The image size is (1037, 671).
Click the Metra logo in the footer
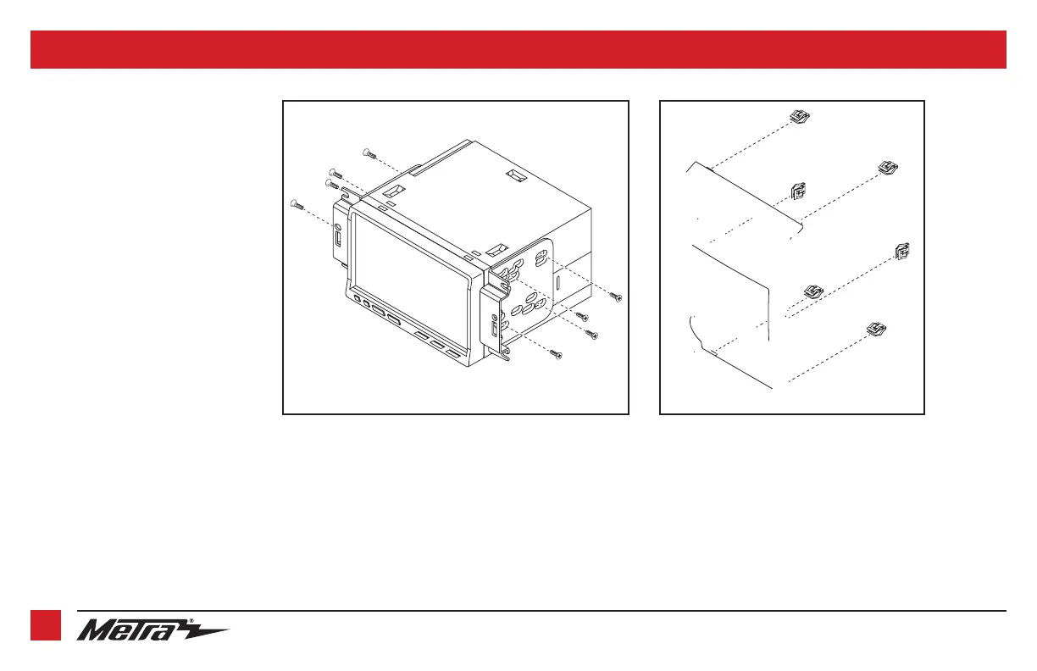click(152, 629)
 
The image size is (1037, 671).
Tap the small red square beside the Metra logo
click(46, 625)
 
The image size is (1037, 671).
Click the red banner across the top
click(518, 49)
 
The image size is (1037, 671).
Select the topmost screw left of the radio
click(369, 152)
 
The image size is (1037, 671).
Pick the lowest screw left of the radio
click(297, 204)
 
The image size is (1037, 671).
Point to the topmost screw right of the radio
click(616, 297)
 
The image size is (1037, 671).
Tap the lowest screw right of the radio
click(557, 354)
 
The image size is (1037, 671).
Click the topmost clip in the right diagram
click(800, 116)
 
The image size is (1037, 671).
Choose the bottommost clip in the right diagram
click(876, 329)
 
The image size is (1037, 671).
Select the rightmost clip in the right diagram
click(902, 251)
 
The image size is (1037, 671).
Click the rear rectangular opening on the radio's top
click(516, 175)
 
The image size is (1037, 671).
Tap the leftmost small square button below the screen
click(357, 300)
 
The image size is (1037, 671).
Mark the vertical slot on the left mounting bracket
click(338, 238)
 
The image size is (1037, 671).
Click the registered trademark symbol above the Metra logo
click(191, 621)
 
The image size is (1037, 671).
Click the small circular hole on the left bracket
click(337, 227)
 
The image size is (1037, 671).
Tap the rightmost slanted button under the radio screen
click(453, 354)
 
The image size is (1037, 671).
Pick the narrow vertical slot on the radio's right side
click(557, 282)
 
